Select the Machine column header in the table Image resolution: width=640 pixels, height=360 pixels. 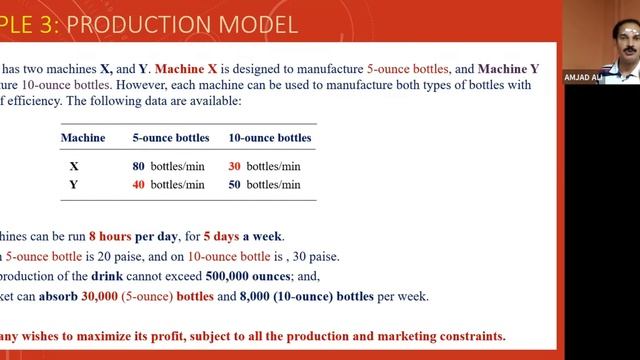83,137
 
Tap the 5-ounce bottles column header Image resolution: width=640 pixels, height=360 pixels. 168,137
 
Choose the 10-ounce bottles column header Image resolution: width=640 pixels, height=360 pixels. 270,137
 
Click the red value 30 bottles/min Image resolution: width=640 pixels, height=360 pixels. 264,166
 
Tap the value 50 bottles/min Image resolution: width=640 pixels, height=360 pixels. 264,184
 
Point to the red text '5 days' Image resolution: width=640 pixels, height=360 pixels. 222,237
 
